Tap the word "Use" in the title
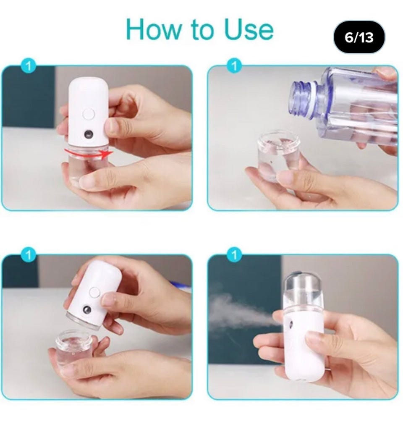(249, 29)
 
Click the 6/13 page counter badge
(359, 37)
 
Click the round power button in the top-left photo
(89, 114)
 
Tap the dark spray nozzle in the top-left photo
(89, 134)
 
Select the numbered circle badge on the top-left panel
(28, 66)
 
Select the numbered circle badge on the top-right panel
(234, 66)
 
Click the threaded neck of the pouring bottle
(302, 99)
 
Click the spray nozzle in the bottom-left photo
(87, 310)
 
